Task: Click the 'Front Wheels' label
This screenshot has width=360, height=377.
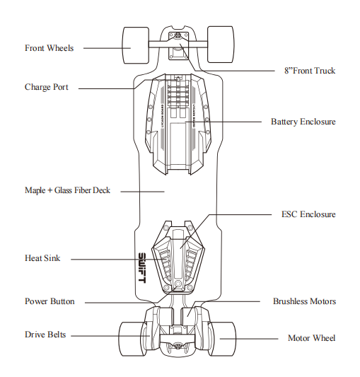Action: coord(49,48)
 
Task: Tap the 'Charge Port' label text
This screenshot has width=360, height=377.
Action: coord(47,87)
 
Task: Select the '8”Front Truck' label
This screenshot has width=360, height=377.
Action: coord(310,71)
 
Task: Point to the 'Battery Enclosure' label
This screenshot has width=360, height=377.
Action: coord(303,122)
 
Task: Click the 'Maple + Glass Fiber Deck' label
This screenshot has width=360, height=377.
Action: coord(67,190)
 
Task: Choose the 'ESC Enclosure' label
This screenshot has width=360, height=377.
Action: coord(308,214)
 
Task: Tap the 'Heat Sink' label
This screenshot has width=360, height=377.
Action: coord(42,258)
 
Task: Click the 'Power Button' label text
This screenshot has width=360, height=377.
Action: coord(50,301)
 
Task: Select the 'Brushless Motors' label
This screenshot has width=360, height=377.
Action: coord(304,301)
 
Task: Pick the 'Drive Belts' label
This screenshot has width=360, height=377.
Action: coord(45,335)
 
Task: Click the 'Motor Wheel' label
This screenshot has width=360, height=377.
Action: coord(312,338)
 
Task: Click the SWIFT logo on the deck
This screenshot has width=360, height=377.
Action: coord(142,267)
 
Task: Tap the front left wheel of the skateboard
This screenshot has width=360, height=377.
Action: coord(136,45)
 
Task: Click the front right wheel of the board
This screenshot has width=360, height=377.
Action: coord(221,45)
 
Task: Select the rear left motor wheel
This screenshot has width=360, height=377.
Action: coord(132,339)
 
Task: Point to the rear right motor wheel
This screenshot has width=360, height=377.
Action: coord(223,339)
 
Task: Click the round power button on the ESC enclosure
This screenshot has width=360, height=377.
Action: coord(178,284)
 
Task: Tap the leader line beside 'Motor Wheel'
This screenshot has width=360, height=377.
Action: coord(249,339)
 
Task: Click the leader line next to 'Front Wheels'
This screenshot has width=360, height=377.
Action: coord(107,48)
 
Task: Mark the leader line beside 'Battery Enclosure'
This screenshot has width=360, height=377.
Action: coord(223,122)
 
